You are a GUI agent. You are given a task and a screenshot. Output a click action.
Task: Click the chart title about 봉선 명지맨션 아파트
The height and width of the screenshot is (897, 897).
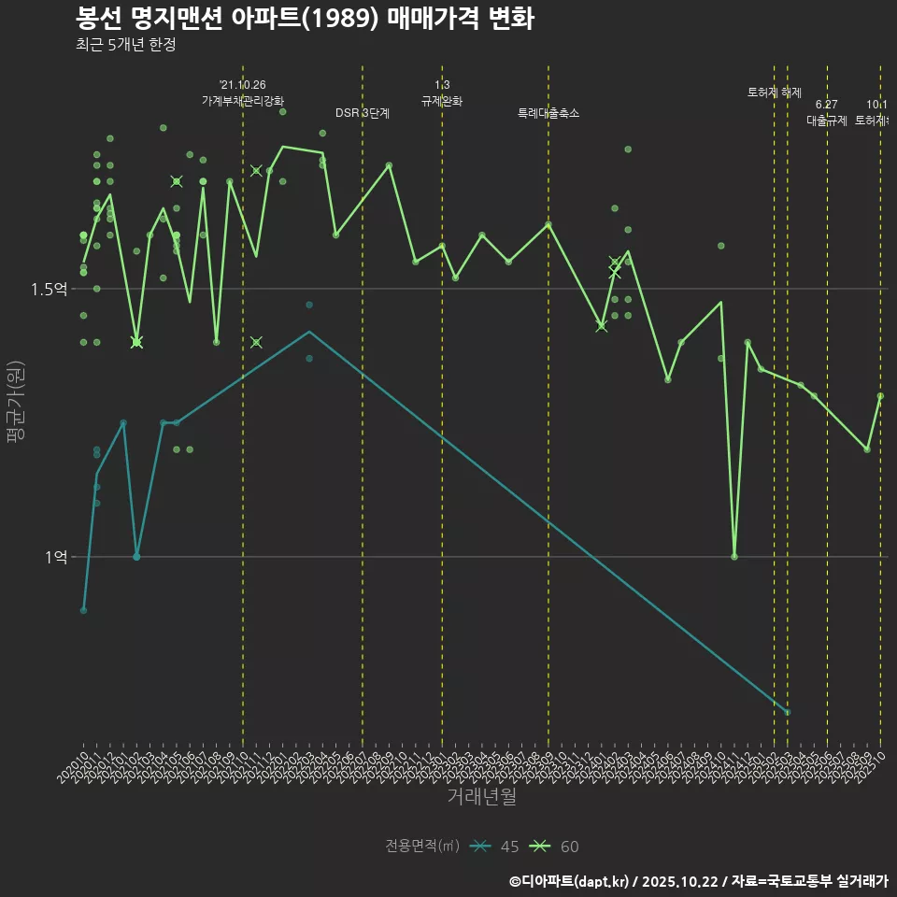coord(305,18)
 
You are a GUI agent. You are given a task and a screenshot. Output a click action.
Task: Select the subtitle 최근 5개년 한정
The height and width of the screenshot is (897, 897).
coord(125,44)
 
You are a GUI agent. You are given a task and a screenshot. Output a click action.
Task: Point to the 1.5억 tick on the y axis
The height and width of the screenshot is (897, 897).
coord(50,289)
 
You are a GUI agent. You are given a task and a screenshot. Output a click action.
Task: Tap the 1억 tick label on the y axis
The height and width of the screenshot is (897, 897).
coord(55,557)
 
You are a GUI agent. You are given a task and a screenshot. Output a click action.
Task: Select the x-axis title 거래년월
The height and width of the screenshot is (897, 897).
coord(481,797)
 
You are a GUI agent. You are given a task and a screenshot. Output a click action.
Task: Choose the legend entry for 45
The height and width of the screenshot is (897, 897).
coord(496,847)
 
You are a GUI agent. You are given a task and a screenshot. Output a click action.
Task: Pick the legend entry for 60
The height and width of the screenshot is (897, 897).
coord(555,847)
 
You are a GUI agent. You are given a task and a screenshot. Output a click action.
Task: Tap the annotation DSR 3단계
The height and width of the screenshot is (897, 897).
coord(363,113)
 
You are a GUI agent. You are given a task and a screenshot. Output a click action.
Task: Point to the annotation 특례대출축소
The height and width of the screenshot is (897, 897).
coord(548,113)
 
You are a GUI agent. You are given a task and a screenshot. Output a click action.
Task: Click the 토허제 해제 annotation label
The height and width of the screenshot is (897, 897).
coord(775,93)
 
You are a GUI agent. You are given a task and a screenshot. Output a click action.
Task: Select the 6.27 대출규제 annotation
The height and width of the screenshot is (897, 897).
coord(827,112)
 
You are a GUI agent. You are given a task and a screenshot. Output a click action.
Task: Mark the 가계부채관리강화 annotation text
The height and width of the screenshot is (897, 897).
coord(243,101)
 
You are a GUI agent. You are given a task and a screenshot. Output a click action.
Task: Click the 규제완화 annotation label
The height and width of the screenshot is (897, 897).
coord(442,101)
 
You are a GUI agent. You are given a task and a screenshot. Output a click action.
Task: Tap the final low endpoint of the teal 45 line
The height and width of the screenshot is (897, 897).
coord(788,712)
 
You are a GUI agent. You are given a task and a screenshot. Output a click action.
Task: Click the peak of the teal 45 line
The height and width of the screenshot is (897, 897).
coord(309,332)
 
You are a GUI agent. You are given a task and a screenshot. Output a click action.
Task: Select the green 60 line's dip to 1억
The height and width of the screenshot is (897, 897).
coord(734,557)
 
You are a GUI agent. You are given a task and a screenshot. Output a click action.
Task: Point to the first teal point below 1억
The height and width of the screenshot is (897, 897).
coord(84,610)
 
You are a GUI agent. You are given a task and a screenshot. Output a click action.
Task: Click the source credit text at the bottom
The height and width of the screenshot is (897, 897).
coord(698,881)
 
